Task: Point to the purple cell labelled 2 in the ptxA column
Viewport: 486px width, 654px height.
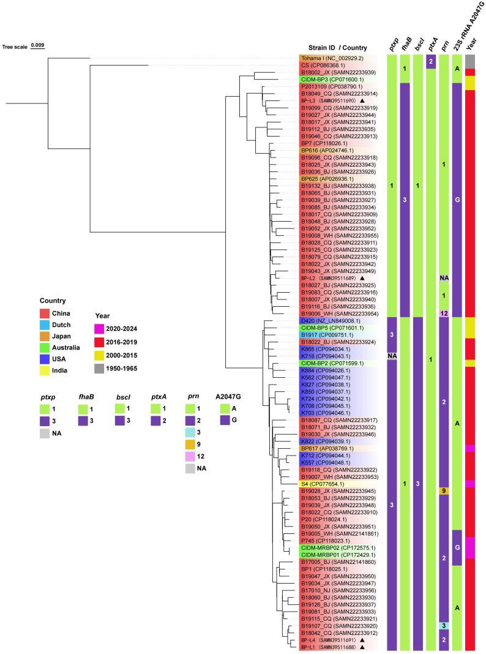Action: tap(431, 62)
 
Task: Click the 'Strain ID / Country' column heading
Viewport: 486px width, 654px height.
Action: tap(338, 48)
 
